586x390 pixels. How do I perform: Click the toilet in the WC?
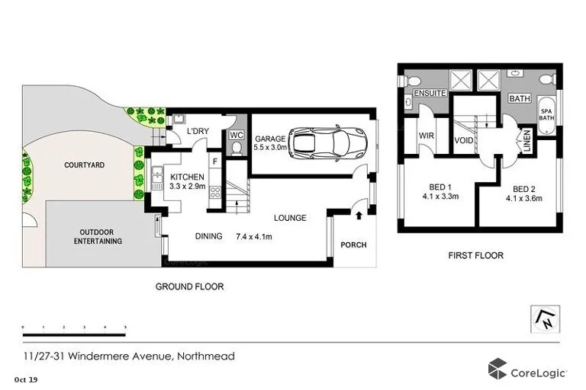237,148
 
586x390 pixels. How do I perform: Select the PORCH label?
354,245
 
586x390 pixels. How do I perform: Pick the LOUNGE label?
291,218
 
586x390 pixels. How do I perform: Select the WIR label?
427,138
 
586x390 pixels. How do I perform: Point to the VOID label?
463,141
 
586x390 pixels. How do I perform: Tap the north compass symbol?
547,318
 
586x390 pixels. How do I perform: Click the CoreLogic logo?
527,371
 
